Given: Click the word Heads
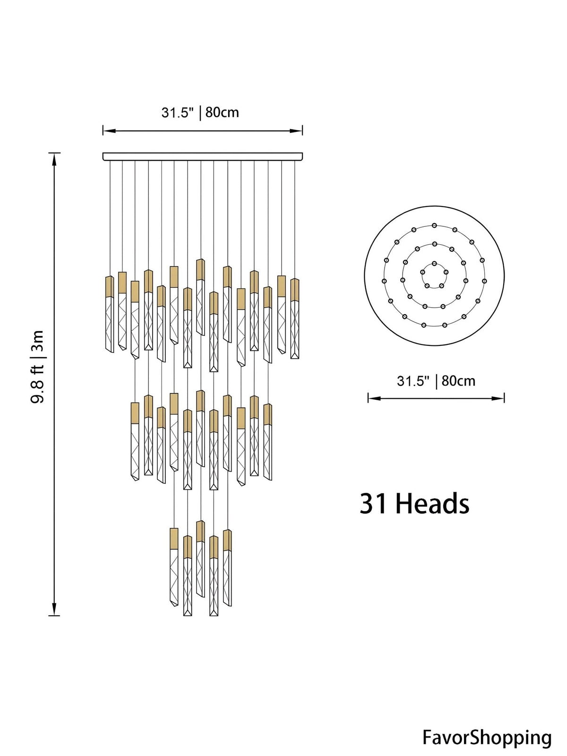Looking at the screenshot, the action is (432, 504).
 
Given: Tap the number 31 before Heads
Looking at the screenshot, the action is (373, 504).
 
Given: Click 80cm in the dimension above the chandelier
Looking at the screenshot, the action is (222, 112).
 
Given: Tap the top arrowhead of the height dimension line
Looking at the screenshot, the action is (54, 159).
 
